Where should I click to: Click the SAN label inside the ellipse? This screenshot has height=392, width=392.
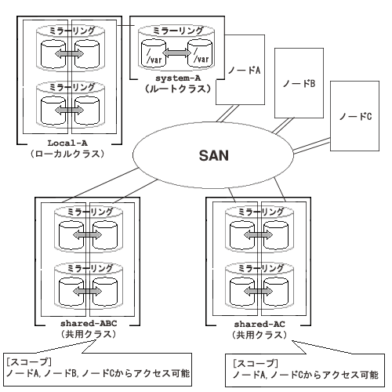214,155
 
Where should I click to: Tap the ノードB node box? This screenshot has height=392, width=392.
299,83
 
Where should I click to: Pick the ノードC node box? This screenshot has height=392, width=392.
354,116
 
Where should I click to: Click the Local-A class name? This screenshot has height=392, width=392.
67,143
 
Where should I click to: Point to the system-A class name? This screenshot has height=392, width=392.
178,78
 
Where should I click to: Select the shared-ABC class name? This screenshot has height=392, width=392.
89,323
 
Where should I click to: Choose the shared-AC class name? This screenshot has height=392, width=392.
260,324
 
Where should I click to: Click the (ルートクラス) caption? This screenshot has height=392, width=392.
178,89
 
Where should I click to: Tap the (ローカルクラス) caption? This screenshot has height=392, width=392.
67,154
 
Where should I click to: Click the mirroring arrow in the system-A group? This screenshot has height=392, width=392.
178,53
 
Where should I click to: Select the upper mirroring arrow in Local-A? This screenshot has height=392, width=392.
70,54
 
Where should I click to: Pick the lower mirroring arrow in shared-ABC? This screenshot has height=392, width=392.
88,291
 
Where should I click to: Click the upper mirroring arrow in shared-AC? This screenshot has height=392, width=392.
258,235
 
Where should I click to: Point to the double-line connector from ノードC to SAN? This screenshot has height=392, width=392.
311,146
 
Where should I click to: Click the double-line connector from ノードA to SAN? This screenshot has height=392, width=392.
227,114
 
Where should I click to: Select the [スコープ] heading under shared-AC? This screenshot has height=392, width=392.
256,363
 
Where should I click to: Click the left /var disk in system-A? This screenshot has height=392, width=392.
154,53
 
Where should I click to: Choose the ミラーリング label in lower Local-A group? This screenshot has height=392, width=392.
71,87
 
